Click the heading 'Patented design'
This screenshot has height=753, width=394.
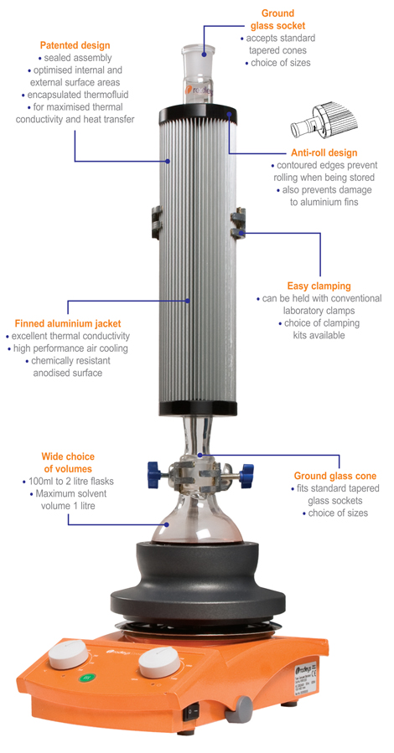(x=74, y=45)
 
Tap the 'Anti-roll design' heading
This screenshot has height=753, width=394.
(x=324, y=152)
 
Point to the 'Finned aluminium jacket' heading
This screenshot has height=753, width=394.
(x=68, y=322)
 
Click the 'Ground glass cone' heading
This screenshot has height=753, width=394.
(x=334, y=475)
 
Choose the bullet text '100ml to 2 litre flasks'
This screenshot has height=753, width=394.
(x=68, y=482)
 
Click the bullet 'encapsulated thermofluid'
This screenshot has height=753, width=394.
(x=74, y=95)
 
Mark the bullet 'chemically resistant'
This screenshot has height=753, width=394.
(x=68, y=360)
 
